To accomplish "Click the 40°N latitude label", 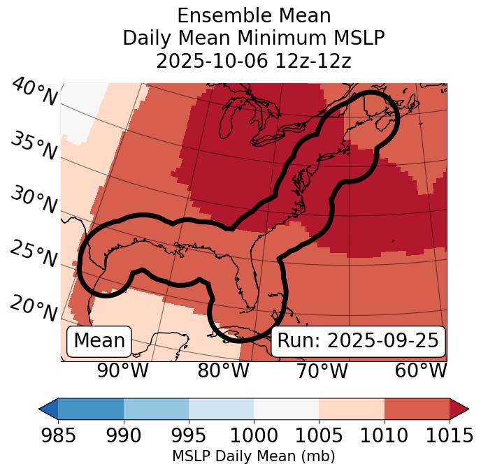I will pyautogui.click(x=34, y=93).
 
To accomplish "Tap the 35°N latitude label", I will pyautogui.click(x=34, y=145).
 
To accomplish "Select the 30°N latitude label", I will pyautogui.click(x=34, y=201).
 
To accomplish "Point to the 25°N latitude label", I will pyautogui.click(x=34, y=255).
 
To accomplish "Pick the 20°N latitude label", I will pyautogui.click(x=34, y=308).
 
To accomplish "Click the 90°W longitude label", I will pyautogui.click(x=123, y=370).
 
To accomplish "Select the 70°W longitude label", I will pyautogui.click(x=322, y=370).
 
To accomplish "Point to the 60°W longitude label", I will pyautogui.click(x=421, y=370).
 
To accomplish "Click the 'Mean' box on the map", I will pyautogui.click(x=99, y=341).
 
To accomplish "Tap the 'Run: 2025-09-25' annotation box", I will pyautogui.click(x=358, y=341).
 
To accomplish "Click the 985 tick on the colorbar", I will pyautogui.click(x=58, y=435).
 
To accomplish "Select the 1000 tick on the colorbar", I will pyautogui.click(x=254, y=435).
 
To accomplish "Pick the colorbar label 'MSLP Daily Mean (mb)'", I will pyautogui.click(x=254, y=457).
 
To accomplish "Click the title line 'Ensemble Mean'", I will pyautogui.click(x=254, y=15).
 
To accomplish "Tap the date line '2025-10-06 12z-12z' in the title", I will pyautogui.click(x=254, y=61).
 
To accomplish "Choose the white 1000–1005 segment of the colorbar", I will pyautogui.click(x=286, y=408).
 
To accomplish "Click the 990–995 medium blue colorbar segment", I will pyautogui.click(x=156, y=408).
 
